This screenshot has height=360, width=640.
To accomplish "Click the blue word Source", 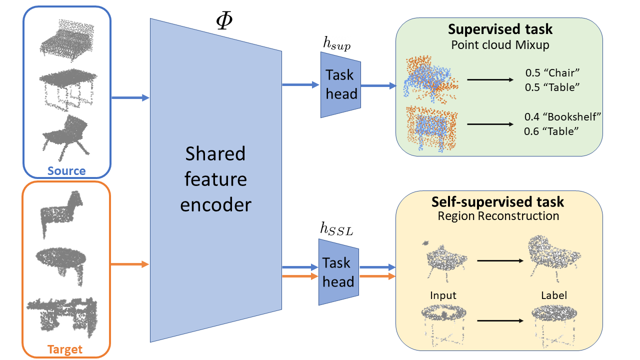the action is [x=66, y=171].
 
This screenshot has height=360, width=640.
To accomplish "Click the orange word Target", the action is [x=65, y=349].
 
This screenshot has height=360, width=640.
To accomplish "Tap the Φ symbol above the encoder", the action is [x=224, y=20].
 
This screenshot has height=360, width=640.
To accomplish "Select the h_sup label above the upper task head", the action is [x=336, y=43].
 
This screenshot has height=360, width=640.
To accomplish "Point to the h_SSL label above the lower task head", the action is [x=336, y=229].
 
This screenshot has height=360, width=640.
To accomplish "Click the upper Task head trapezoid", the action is [x=340, y=84].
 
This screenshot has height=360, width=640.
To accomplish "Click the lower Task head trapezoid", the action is [x=338, y=272].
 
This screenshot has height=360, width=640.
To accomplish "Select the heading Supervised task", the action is [x=500, y=29].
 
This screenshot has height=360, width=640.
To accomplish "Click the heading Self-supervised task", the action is [x=497, y=202].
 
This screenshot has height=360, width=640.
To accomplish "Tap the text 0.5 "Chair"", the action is [x=552, y=73].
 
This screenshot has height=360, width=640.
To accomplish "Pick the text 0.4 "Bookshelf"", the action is [x=562, y=116].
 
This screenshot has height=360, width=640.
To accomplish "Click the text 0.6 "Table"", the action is [x=551, y=131].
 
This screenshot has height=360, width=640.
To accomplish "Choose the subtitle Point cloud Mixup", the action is [x=500, y=45].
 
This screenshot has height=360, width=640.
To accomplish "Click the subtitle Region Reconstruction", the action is [x=498, y=216].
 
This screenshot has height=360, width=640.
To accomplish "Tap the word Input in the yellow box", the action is [x=443, y=295].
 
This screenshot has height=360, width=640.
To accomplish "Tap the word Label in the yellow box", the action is [x=553, y=295].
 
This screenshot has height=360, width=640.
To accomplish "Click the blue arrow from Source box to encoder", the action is [x=130, y=97].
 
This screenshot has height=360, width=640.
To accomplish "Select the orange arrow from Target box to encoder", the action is [x=129, y=264].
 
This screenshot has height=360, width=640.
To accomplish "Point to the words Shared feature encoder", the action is [x=215, y=179].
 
